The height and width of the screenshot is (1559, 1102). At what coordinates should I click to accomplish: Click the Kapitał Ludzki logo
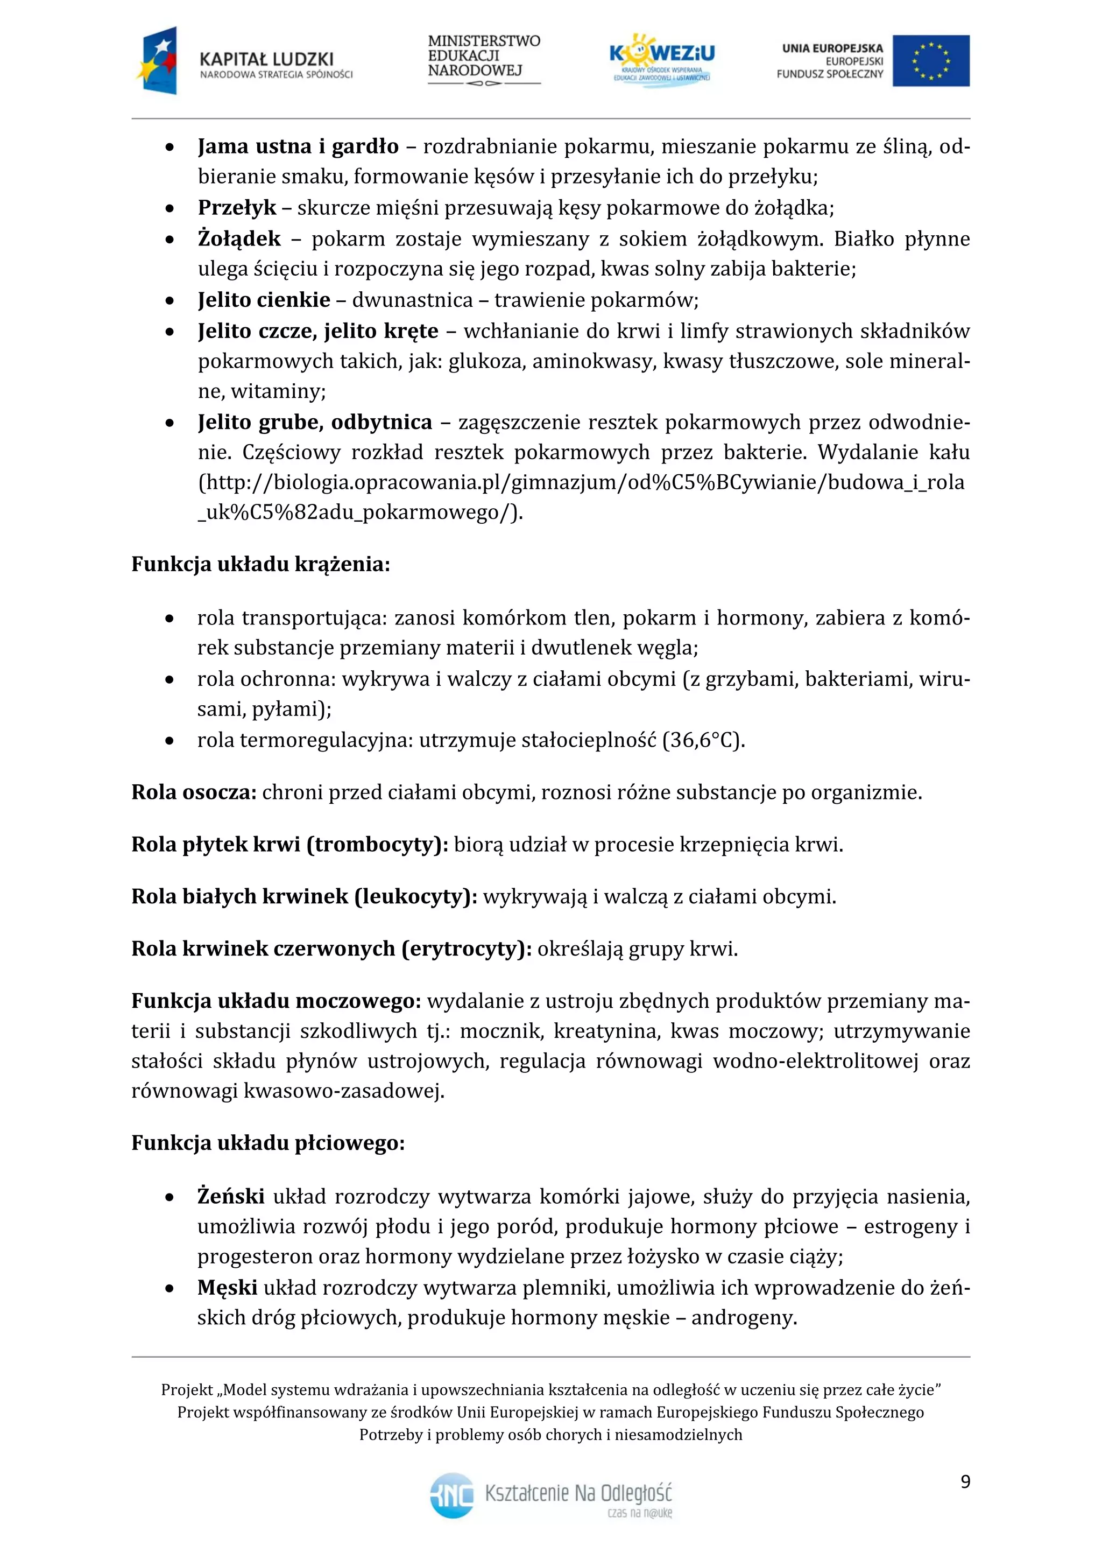244,61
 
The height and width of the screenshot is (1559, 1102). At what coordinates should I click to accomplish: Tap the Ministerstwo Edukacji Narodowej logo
483,60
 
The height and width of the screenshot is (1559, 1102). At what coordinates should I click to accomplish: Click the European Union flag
930,61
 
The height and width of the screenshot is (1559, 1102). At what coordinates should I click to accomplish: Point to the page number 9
965,1481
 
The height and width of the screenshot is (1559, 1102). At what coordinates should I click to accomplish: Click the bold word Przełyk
237,207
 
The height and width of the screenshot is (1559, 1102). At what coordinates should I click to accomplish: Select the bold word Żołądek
239,238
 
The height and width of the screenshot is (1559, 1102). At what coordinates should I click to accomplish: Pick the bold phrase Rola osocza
193,792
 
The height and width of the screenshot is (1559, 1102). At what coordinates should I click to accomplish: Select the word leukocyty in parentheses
413,896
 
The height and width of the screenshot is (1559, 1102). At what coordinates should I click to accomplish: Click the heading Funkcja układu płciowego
268,1143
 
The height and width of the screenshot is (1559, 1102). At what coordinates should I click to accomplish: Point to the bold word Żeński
231,1196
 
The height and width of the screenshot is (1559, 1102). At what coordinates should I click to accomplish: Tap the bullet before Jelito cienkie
169,300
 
